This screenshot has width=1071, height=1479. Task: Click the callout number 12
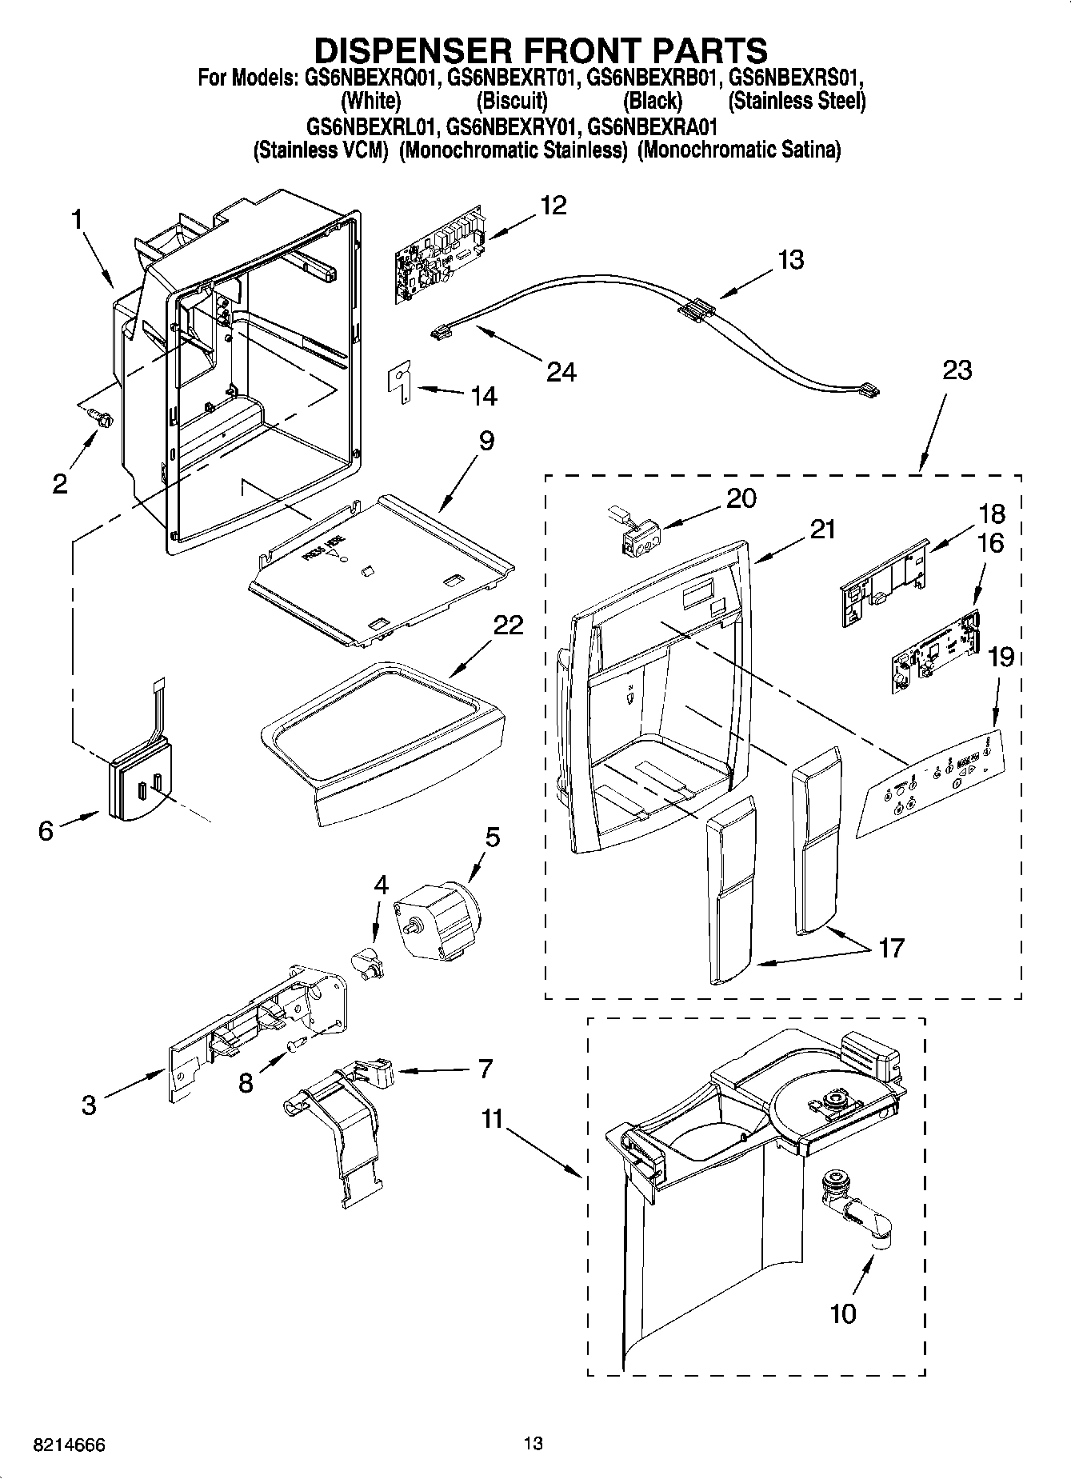point(553,206)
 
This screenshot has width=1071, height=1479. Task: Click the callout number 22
point(507,625)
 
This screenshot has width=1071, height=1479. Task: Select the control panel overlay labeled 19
point(932,781)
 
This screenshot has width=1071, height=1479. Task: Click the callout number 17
point(890,948)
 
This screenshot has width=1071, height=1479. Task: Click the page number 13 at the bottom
point(534,1444)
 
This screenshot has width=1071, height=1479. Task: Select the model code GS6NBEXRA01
point(652,126)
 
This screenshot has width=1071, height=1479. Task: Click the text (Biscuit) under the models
point(512,102)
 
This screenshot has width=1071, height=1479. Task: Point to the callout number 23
point(957,370)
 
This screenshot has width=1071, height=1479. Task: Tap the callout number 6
point(46,831)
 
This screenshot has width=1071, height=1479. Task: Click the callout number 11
point(492,1118)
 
